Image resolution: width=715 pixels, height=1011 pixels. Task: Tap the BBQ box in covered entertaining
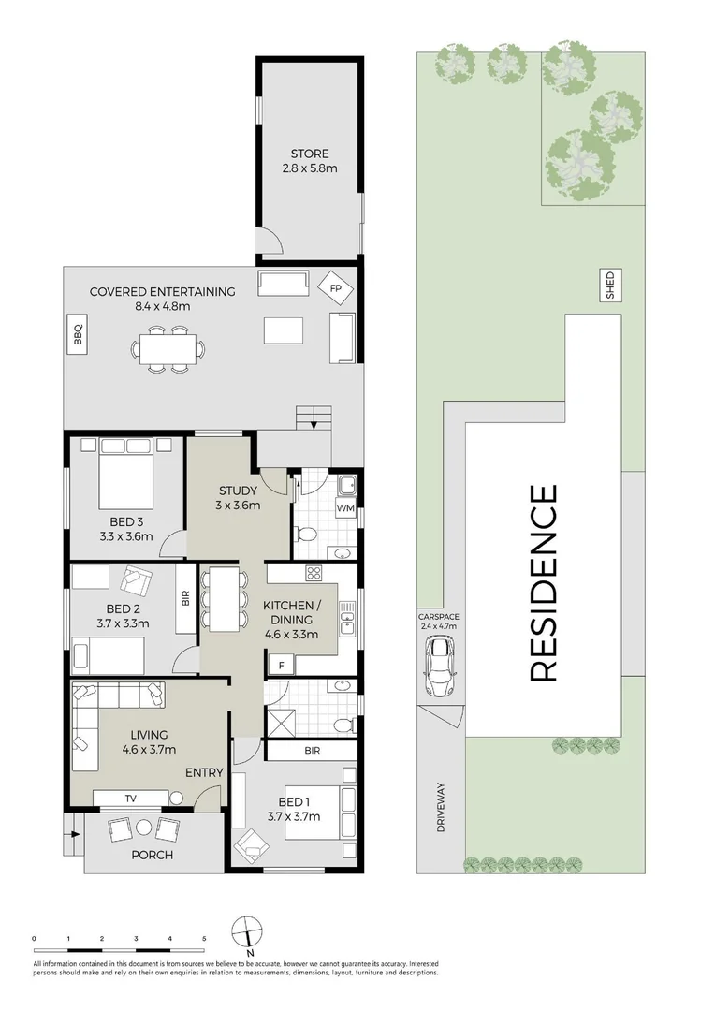coord(78,334)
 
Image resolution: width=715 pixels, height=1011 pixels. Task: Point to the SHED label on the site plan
coord(610,286)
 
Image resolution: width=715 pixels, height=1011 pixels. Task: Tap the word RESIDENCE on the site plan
coord(544,581)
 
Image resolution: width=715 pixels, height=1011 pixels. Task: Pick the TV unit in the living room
coord(130,798)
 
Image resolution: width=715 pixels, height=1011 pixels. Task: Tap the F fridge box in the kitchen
coord(281,665)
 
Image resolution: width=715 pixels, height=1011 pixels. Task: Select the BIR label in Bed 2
coord(185,597)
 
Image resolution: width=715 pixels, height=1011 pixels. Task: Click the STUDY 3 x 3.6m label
coord(239,498)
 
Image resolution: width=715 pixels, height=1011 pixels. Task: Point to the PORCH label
coord(152,855)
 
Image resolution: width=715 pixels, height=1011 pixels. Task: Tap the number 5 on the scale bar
coord(204,937)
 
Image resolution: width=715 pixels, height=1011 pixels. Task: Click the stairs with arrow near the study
coord(314,417)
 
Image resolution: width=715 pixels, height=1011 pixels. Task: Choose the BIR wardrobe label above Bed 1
coord(311,751)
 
